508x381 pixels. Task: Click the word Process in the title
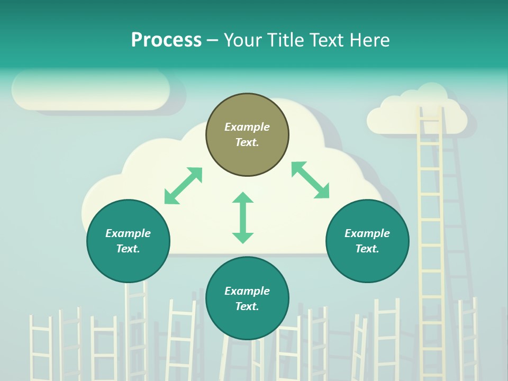pos(166,40)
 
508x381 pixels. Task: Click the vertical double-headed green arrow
pos(243,217)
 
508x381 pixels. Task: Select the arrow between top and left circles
pos(183,186)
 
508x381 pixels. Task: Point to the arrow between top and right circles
pos(310,180)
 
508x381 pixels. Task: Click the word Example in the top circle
pos(247,127)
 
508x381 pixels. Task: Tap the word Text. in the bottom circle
pos(247,306)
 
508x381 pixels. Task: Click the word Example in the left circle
pos(128,233)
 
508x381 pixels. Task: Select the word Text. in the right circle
pos(367,249)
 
